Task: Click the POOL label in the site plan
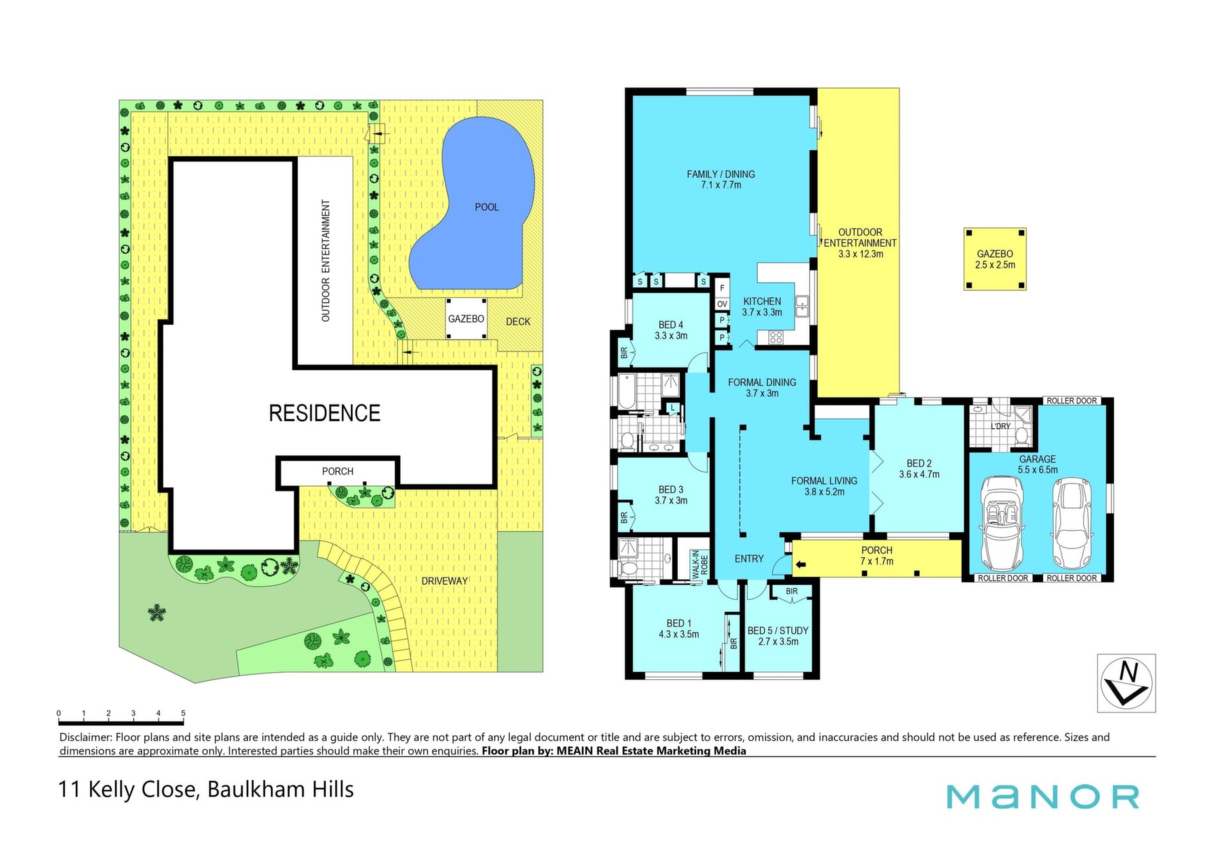pyautogui.click(x=487, y=207)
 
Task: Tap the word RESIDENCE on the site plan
pyautogui.click(x=325, y=413)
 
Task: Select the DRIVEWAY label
pyautogui.click(x=445, y=581)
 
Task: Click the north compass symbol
pyautogui.click(x=1127, y=683)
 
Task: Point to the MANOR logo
pyautogui.click(x=1043, y=796)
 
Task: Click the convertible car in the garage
pyautogui.click(x=1002, y=523)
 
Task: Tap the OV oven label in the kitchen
pyautogui.click(x=722, y=304)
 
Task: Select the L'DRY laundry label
pyautogui.click(x=1000, y=426)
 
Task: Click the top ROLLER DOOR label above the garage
pyautogui.click(x=1072, y=401)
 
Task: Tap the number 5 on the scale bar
pyautogui.click(x=183, y=713)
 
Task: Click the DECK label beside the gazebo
pyautogui.click(x=518, y=322)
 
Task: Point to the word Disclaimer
pyautogui.click(x=85, y=737)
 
